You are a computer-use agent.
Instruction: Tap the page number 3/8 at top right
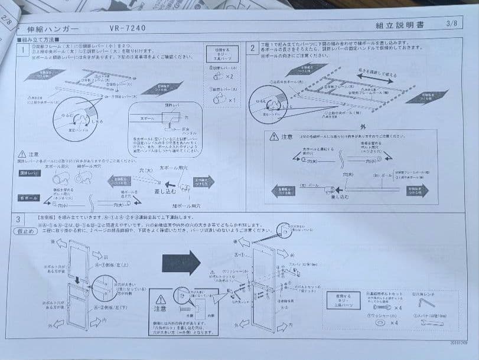pyautogui.click(x=452, y=23)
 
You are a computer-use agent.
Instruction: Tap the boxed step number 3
pyautogui.click(x=19, y=220)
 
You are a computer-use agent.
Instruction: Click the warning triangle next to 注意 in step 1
pyautogui.click(x=22, y=153)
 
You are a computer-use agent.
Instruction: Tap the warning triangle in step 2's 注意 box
pyautogui.click(x=273, y=136)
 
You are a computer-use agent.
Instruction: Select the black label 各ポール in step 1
pyautogui.click(x=28, y=198)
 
